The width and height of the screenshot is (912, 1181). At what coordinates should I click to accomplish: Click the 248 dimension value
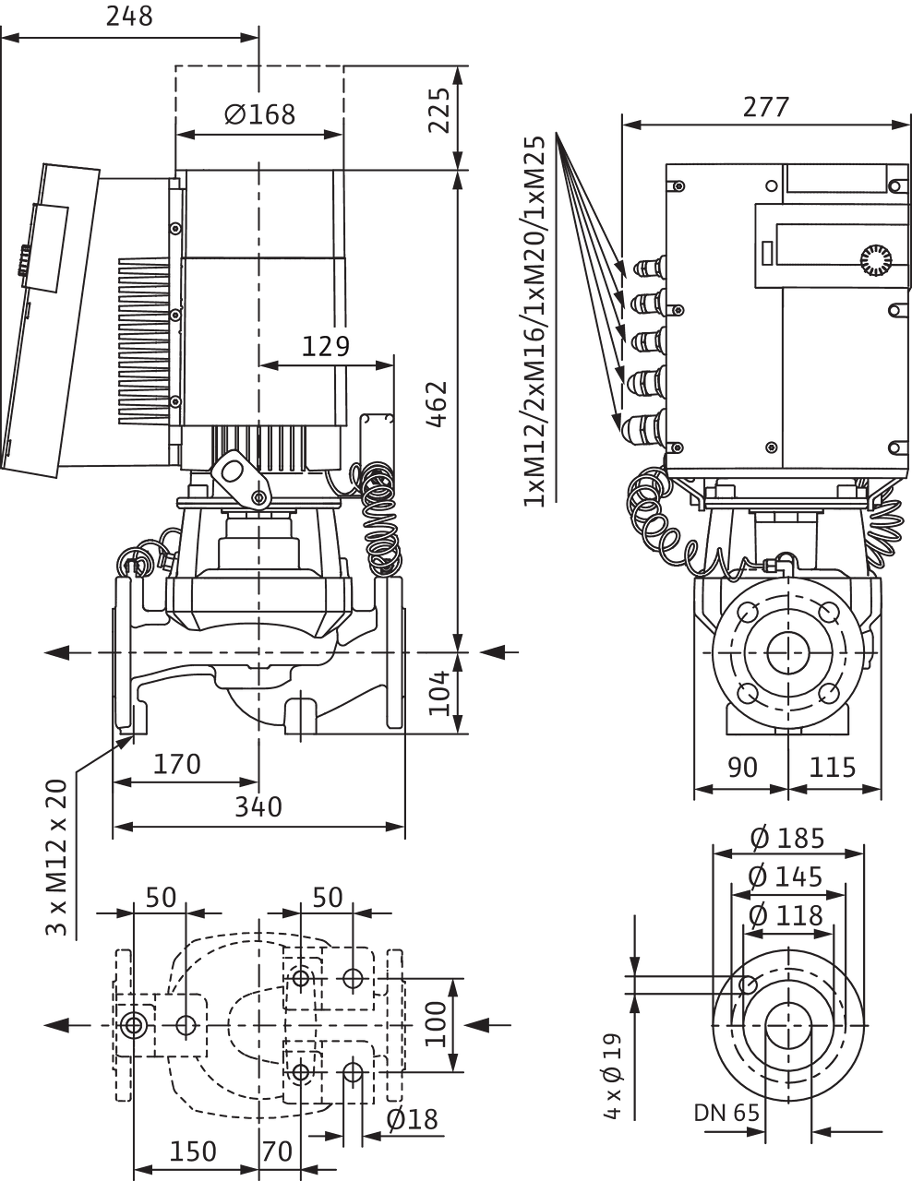[x=129, y=17]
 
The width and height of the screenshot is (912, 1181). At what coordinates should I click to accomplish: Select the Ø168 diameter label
[x=259, y=114]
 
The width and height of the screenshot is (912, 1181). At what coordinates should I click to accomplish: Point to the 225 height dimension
[x=439, y=111]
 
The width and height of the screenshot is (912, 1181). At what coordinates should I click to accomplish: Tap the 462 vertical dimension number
[x=437, y=404]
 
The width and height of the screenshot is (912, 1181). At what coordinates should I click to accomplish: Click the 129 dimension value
[x=326, y=346]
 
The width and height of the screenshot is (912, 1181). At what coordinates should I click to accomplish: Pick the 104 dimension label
[x=439, y=693]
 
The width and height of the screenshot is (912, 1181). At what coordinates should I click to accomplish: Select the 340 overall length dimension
[x=258, y=807]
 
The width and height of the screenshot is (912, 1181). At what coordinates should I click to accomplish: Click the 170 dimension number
[x=177, y=764]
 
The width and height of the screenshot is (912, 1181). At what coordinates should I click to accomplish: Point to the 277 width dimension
[x=766, y=107]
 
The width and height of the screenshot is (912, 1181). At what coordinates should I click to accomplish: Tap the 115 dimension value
[x=832, y=768]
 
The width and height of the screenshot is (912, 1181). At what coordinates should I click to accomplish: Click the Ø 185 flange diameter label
[x=787, y=838]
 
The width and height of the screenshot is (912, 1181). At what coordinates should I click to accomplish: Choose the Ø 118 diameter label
[x=786, y=916]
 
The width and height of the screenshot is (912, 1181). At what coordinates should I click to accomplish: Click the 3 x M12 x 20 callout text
[x=56, y=858]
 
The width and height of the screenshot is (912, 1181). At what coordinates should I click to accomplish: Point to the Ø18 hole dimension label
[x=413, y=1119]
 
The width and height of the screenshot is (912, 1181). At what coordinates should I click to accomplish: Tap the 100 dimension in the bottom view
[x=436, y=1024]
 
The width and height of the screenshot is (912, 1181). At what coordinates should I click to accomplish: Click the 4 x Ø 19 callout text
[x=612, y=1076]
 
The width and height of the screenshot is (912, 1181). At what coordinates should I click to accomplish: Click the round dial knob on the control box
[x=876, y=260]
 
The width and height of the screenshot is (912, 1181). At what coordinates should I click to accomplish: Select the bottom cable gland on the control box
[x=643, y=423]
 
